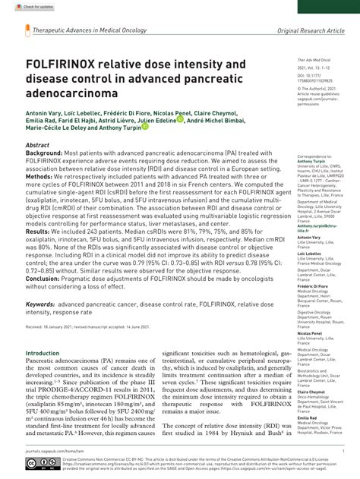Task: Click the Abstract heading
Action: [38, 144]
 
